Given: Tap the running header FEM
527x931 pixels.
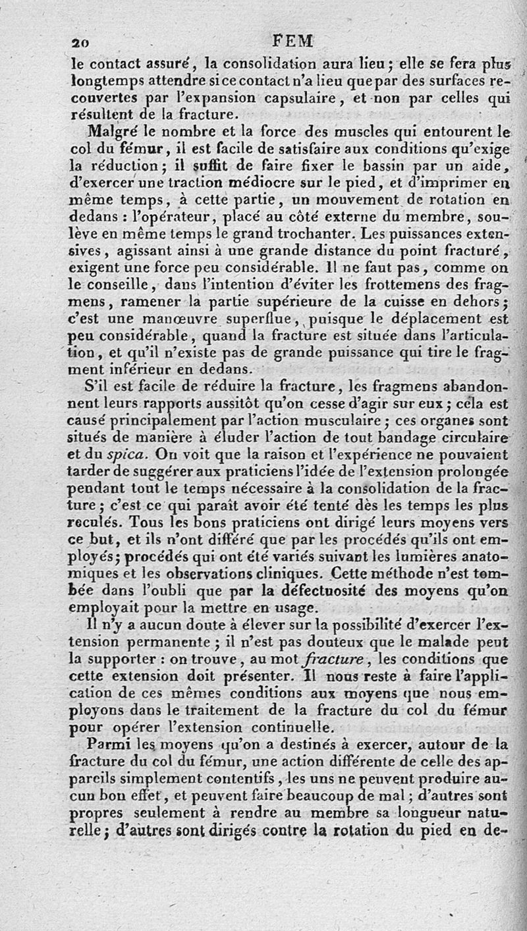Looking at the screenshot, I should point(291,41).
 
